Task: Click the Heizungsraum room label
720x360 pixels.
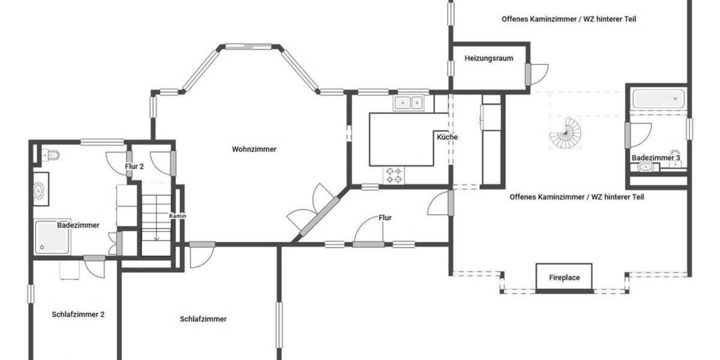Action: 489,58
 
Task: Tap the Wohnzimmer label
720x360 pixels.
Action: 254,149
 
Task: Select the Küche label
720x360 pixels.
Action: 447,137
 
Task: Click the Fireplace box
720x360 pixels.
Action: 565,278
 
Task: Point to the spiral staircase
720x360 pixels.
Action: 566,133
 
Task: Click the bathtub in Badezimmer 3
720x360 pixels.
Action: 658,98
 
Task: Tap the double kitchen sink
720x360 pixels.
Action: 409,103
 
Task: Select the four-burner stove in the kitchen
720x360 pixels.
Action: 394,175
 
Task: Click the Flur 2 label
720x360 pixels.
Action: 134,167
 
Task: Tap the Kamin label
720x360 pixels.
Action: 178,216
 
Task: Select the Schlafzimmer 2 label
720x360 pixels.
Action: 78,314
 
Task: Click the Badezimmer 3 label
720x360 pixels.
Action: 656,158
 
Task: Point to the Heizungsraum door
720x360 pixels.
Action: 537,74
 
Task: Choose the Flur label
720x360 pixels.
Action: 385,218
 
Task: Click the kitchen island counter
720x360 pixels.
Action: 401,139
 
